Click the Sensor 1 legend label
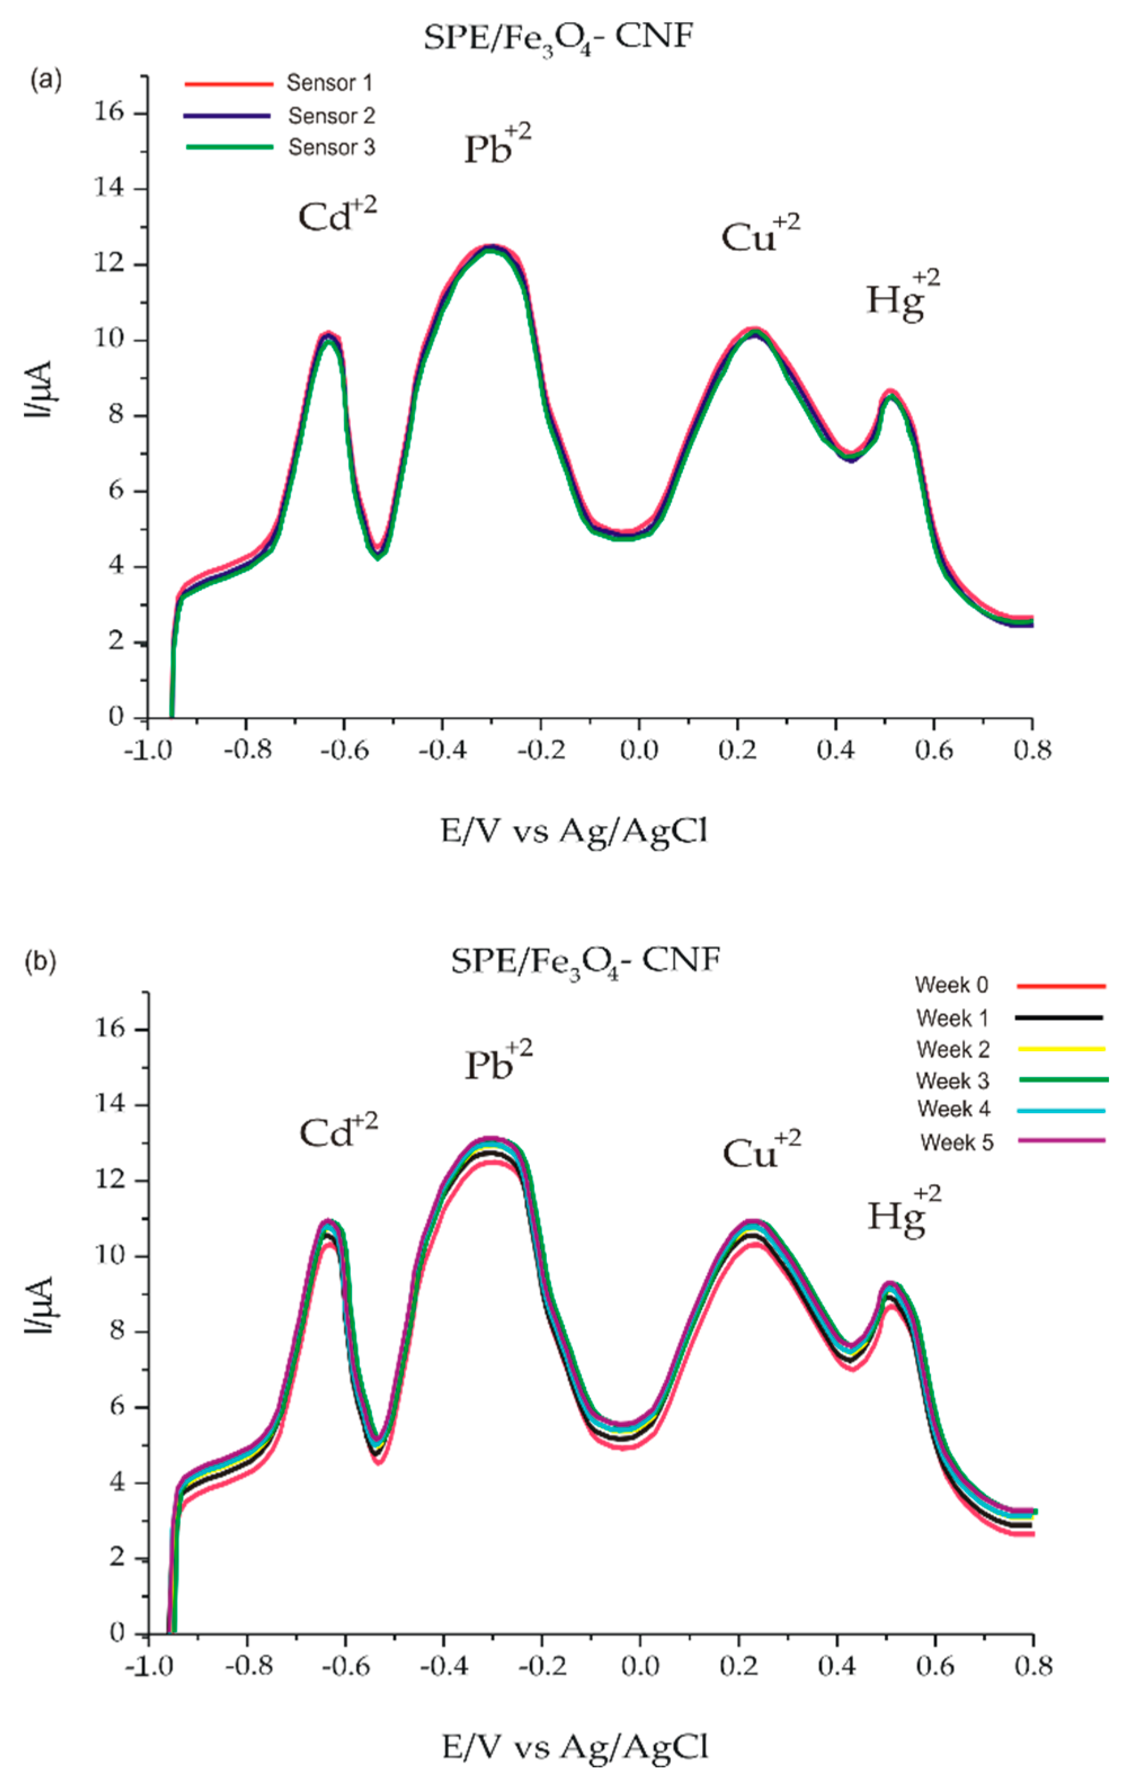[x=329, y=83]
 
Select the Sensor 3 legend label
[x=332, y=147]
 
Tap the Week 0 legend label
[x=952, y=985]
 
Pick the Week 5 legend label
[x=956, y=1142]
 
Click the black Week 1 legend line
[x=1058, y=1018]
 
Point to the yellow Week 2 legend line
[x=1060, y=1050]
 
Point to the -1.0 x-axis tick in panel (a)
[x=145, y=750]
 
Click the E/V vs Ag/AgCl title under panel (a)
[x=574, y=832]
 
